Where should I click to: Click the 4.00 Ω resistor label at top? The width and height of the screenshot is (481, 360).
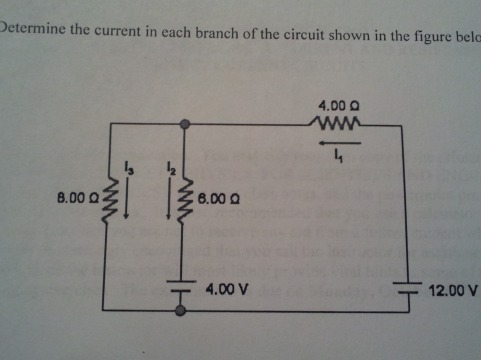tap(337, 104)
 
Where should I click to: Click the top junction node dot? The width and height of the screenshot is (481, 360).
tap(183, 123)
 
